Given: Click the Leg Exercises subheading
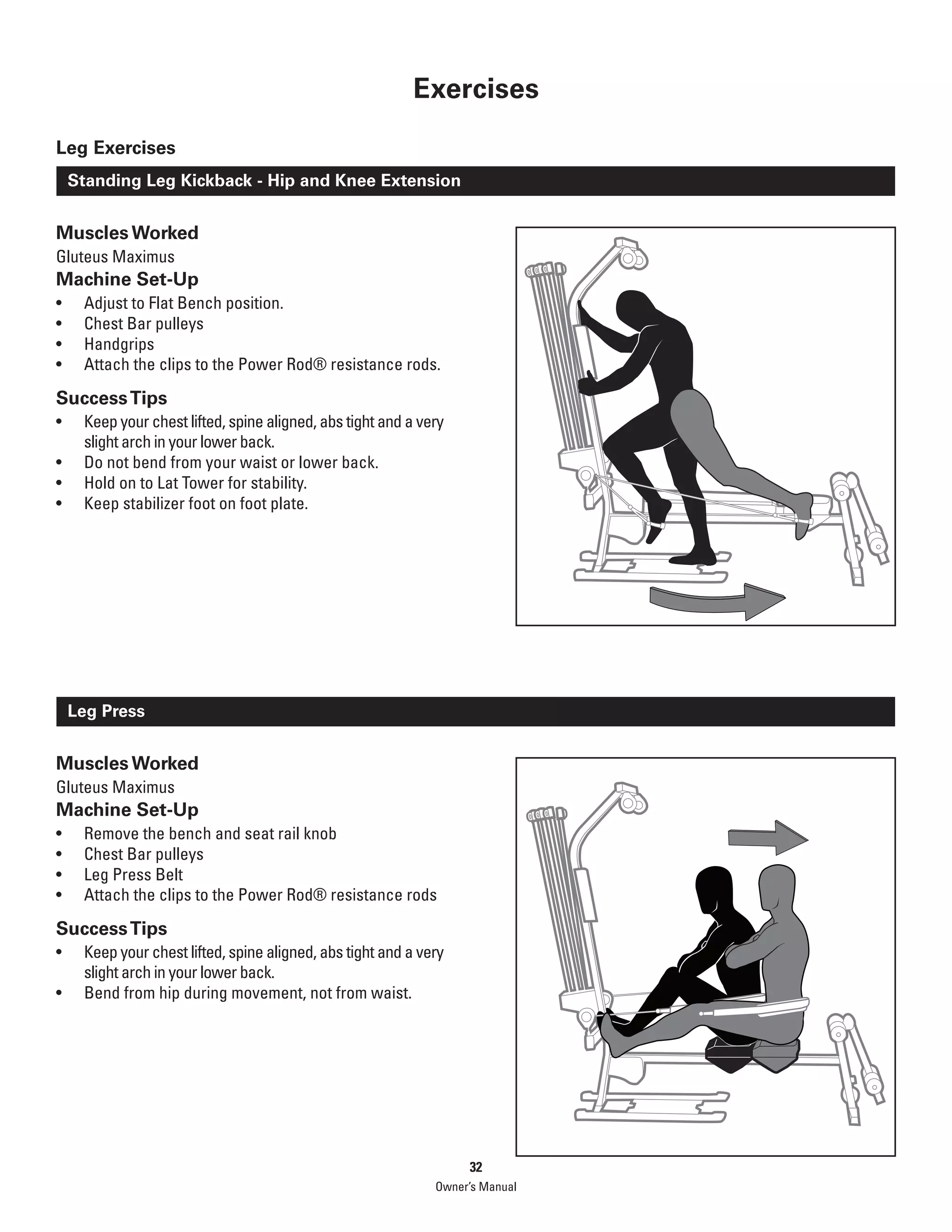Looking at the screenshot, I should pyautogui.click(x=116, y=148).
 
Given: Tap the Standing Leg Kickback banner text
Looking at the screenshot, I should pyautogui.click(x=264, y=180).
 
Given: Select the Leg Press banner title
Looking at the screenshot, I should pyautogui.click(x=106, y=711).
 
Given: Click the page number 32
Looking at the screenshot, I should pyautogui.click(x=476, y=1167).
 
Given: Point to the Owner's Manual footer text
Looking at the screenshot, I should pyautogui.click(x=476, y=1187).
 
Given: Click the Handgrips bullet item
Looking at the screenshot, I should pyautogui.click(x=119, y=344).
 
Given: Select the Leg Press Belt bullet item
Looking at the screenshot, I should pyautogui.click(x=134, y=874).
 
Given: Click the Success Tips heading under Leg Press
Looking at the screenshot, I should pyautogui.click(x=112, y=928).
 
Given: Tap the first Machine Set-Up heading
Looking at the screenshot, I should pyautogui.click(x=127, y=279).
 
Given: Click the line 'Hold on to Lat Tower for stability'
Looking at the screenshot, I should pyautogui.click(x=195, y=483).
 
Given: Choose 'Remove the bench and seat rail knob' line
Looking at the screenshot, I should pyautogui.click(x=210, y=834).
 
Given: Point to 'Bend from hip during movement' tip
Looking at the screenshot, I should pyautogui.click(x=248, y=993).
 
